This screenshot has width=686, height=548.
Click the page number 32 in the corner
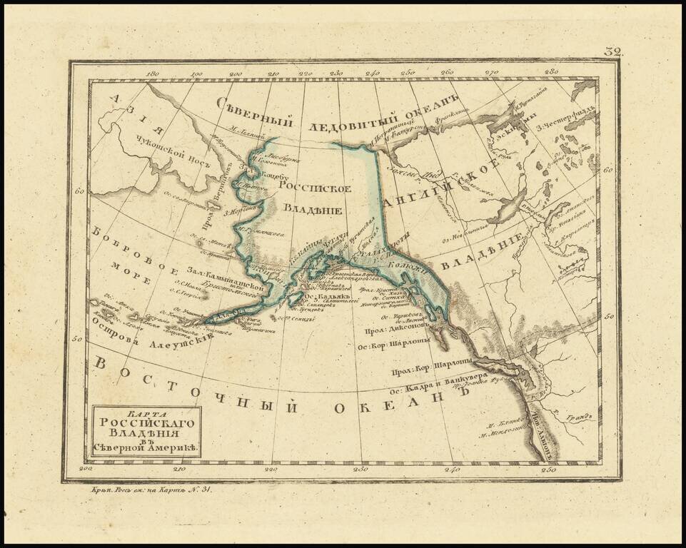click(x=613, y=52)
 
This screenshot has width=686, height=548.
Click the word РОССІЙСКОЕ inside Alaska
click(x=315, y=188)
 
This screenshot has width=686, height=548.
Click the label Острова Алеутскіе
click(x=153, y=342)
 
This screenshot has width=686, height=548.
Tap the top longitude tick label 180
click(x=151, y=73)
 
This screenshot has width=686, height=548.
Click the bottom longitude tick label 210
click(x=178, y=469)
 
